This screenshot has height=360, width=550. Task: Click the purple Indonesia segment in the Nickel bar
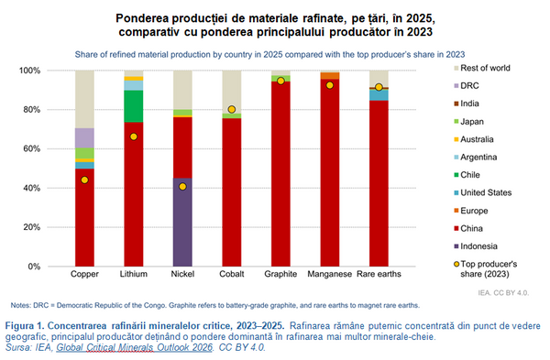[182, 223]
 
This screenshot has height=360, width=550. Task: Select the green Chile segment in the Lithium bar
[134, 106]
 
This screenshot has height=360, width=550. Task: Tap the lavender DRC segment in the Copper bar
[84, 138]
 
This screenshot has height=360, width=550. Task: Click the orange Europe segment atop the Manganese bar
[330, 76]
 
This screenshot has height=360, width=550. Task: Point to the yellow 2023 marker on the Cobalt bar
[232, 109]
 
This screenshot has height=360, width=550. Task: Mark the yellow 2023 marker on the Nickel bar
[182, 187]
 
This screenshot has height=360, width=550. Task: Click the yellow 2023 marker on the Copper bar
[84, 180]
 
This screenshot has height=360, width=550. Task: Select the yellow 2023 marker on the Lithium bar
[134, 136]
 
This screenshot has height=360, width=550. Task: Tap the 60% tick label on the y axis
[29, 149]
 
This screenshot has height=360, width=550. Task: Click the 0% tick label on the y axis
[34, 267]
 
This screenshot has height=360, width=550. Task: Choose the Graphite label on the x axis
[280, 274]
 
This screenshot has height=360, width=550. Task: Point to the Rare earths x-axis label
[379, 274]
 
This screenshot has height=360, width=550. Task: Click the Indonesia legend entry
[476, 246]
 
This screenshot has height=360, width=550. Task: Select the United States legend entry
[483, 192]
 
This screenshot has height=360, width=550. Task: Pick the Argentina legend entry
[475, 157]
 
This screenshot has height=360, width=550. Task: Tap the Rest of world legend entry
[482, 68]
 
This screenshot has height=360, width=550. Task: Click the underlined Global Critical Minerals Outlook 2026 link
[135, 347]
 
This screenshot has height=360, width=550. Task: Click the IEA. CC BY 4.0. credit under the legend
[503, 293]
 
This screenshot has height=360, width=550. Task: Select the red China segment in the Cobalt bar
[232, 192]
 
